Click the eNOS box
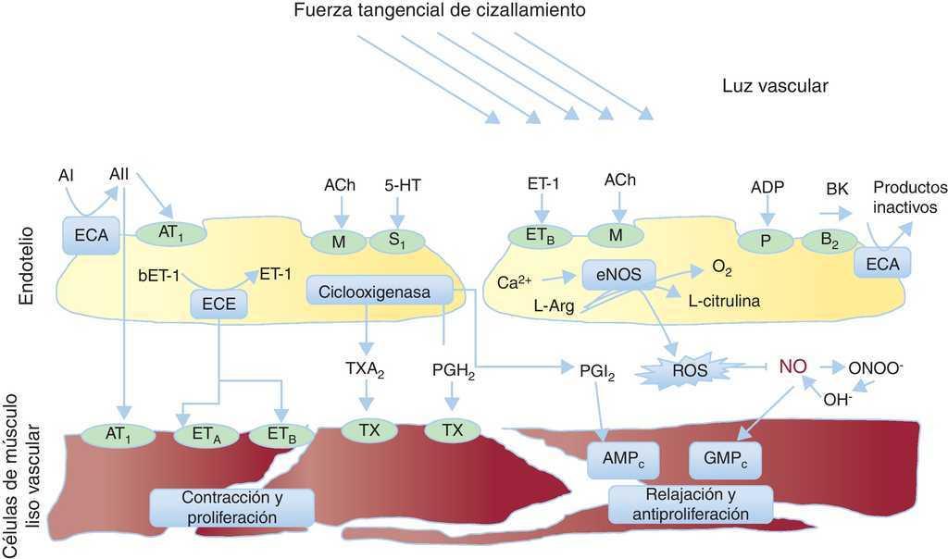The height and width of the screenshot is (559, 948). click(x=618, y=273)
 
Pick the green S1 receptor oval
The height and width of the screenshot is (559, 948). click(x=396, y=241)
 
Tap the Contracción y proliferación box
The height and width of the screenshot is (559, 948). click(x=231, y=506)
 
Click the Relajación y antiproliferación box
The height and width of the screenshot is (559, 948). click(x=678, y=503)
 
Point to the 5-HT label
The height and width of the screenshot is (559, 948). click(x=403, y=185)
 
